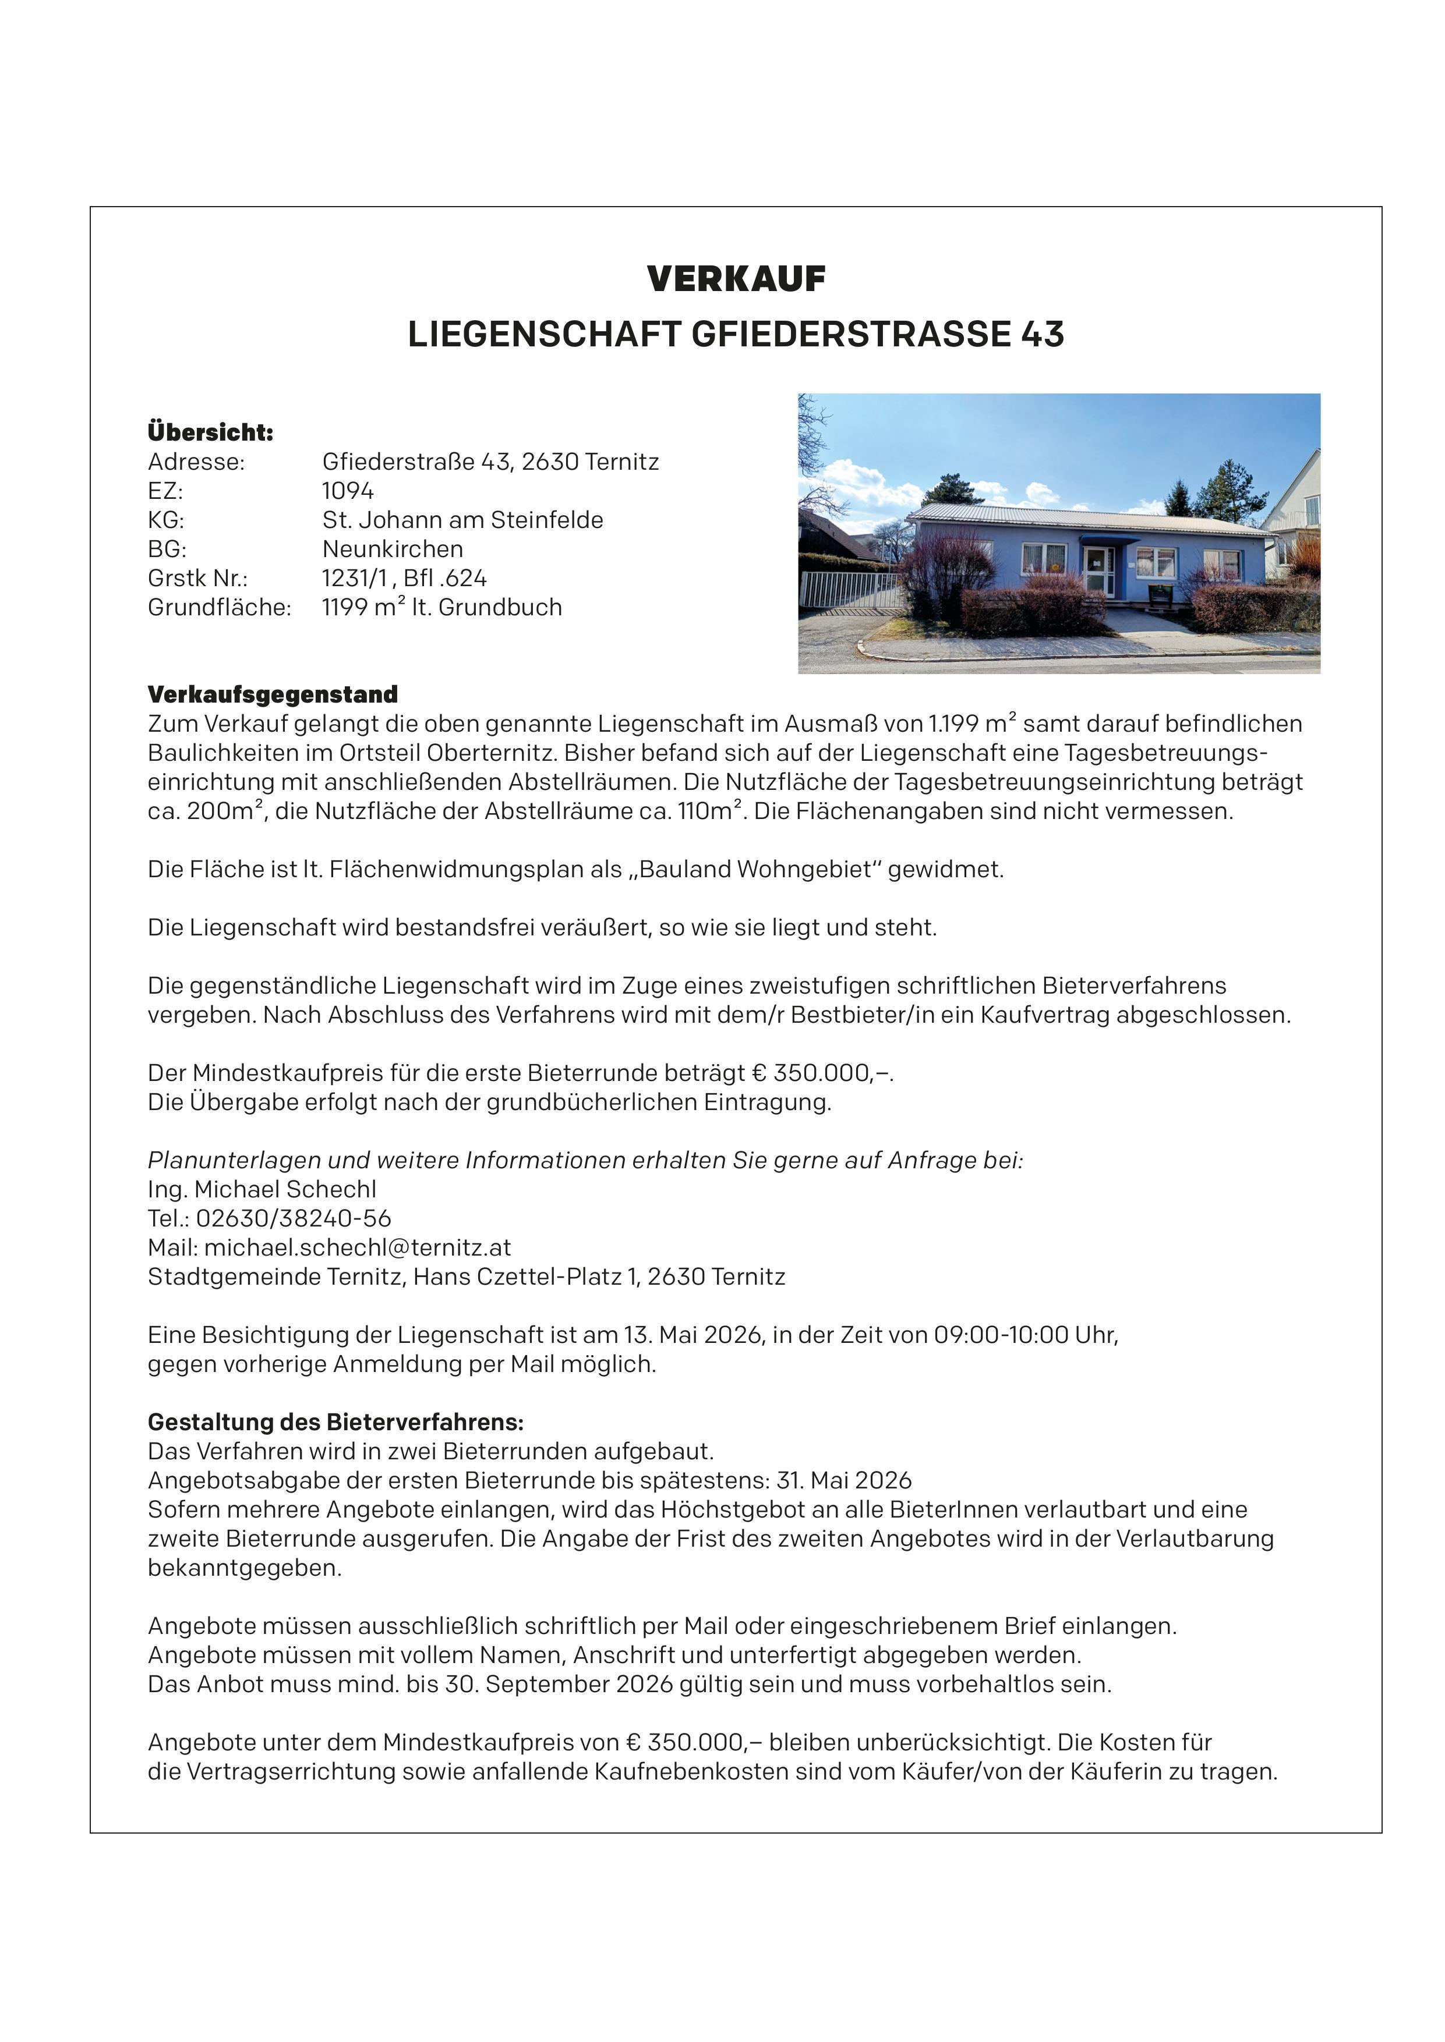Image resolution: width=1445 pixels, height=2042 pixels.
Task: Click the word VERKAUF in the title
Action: tap(736, 279)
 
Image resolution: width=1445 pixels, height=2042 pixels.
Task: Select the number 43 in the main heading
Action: tap(1042, 334)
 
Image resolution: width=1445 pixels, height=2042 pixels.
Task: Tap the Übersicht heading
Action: tap(210, 432)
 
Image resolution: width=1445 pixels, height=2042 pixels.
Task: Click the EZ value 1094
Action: tap(348, 491)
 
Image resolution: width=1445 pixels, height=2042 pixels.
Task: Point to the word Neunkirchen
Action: tap(393, 549)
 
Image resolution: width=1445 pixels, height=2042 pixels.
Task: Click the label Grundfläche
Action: tap(219, 608)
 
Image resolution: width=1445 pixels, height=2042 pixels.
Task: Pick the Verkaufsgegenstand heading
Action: tap(272, 694)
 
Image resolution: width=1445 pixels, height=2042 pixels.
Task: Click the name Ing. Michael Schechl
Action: tap(262, 1189)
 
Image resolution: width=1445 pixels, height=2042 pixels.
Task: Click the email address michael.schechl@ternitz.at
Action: tap(357, 1248)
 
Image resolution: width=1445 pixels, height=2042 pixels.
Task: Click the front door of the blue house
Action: tap(1097, 572)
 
